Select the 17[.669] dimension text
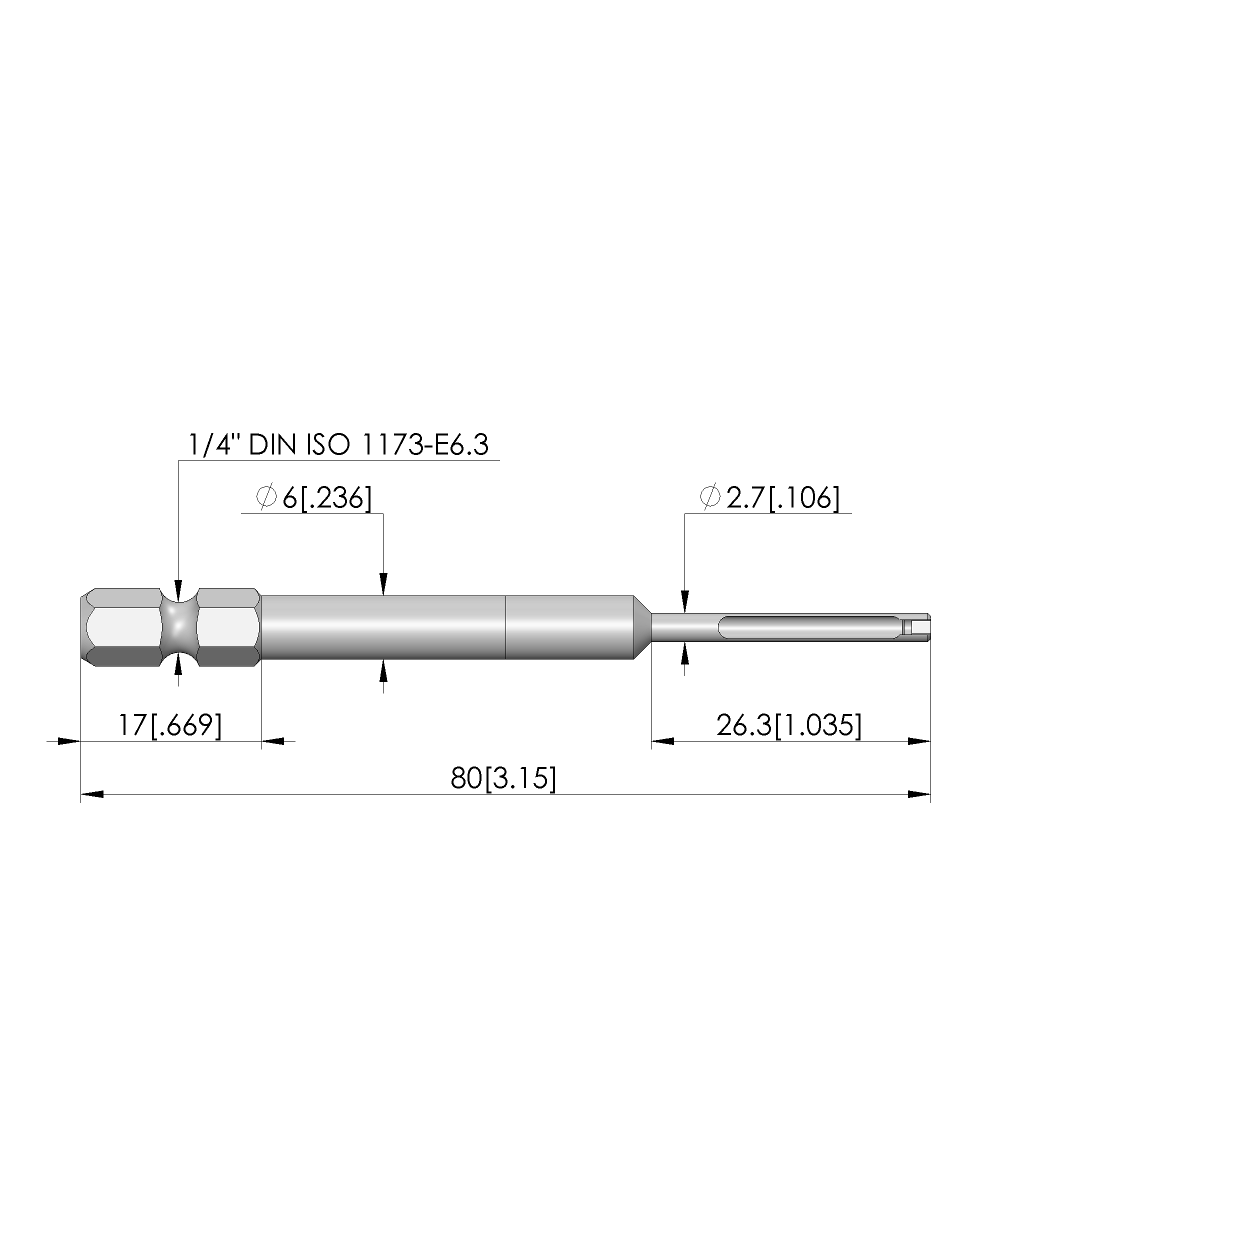[x=170, y=725]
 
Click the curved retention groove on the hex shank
[x=179, y=627]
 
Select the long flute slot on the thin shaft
[x=810, y=627]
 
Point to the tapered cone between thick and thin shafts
[x=642, y=627]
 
